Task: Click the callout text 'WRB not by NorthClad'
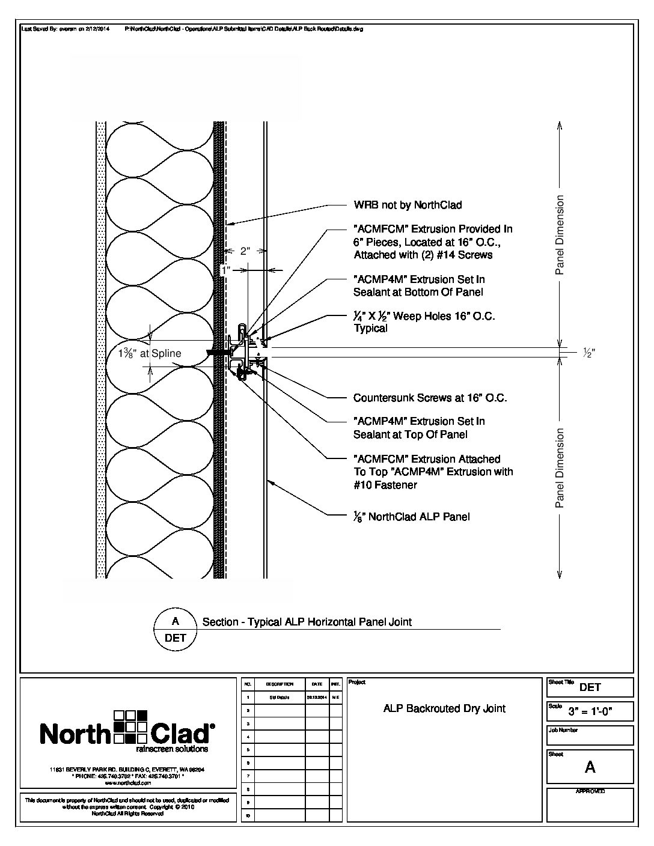pos(408,205)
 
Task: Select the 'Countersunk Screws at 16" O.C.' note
pos(430,398)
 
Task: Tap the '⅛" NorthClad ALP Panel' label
pos(411,517)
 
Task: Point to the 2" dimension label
pos(245,252)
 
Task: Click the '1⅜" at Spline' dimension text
pos(150,353)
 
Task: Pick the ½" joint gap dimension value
pos(588,353)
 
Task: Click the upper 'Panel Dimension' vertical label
pos(560,235)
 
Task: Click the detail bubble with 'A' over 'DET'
pos(176,630)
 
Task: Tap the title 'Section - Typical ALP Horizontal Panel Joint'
pos(307,622)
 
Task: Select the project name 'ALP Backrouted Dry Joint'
pos(444,708)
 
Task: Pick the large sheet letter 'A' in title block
pos(590,767)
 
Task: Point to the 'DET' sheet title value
pos(590,687)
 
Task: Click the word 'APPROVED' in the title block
pos(590,791)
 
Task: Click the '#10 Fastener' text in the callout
pos(385,485)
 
